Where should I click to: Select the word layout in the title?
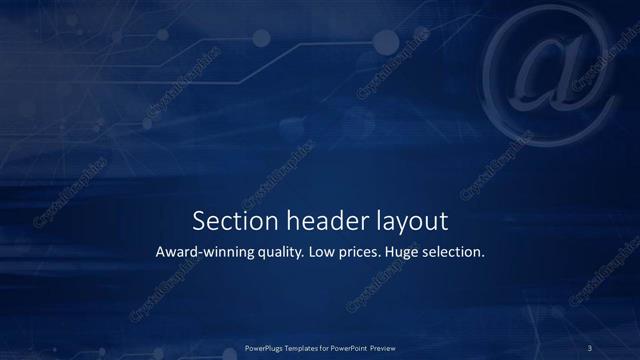click(x=405, y=221)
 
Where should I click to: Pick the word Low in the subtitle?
click(x=323, y=252)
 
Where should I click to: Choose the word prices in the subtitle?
click(x=363, y=253)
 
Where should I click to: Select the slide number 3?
click(x=590, y=347)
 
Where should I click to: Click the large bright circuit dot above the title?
click(x=262, y=39)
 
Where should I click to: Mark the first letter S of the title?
click(x=197, y=220)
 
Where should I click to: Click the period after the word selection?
click(x=484, y=256)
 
